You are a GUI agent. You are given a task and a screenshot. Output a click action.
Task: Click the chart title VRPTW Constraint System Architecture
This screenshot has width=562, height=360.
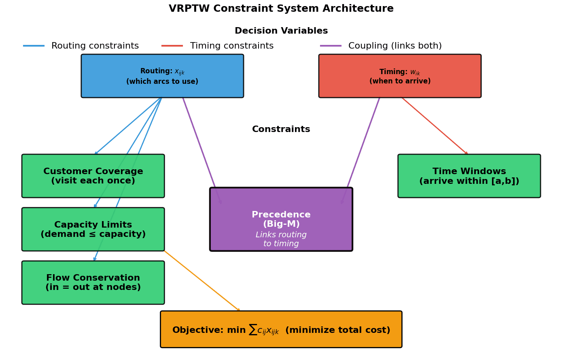(x=281, y=9)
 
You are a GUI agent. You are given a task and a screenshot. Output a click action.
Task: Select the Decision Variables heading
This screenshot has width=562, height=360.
(x=281, y=31)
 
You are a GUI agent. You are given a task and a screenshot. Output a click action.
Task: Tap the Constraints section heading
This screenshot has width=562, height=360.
(x=281, y=130)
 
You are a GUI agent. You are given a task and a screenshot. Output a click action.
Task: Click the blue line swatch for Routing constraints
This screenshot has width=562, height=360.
(x=34, y=46)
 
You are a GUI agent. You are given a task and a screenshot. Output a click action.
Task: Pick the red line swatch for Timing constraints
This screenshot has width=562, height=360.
(x=172, y=46)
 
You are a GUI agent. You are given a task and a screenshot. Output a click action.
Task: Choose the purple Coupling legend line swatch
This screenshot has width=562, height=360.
(x=331, y=46)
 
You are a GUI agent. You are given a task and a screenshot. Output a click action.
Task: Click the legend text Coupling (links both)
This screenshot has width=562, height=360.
(x=394, y=46)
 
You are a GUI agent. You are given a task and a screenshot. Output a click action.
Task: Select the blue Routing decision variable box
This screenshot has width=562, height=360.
(x=162, y=76)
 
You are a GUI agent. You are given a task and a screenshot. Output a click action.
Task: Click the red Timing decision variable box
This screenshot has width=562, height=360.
(x=400, y=76)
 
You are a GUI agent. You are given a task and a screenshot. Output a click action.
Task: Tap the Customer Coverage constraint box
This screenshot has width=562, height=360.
(x=93, y=176)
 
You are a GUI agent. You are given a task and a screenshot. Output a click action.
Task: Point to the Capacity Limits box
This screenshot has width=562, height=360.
(x=93, y=230)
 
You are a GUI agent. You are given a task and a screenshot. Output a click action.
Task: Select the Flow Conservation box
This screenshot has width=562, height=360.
(x=93, y=283)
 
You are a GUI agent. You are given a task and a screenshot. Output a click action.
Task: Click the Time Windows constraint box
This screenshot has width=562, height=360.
(x=469, y=176)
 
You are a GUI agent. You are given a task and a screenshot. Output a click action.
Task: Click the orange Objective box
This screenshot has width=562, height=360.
(x=281, y=330)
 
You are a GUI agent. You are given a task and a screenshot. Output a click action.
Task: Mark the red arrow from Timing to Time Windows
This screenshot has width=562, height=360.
(x=435, y=126)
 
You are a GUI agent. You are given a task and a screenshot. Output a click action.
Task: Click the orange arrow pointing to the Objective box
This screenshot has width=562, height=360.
(x=202, y=281)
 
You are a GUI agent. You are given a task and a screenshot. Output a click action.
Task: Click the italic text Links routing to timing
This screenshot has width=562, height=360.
(x=281, y=239)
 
